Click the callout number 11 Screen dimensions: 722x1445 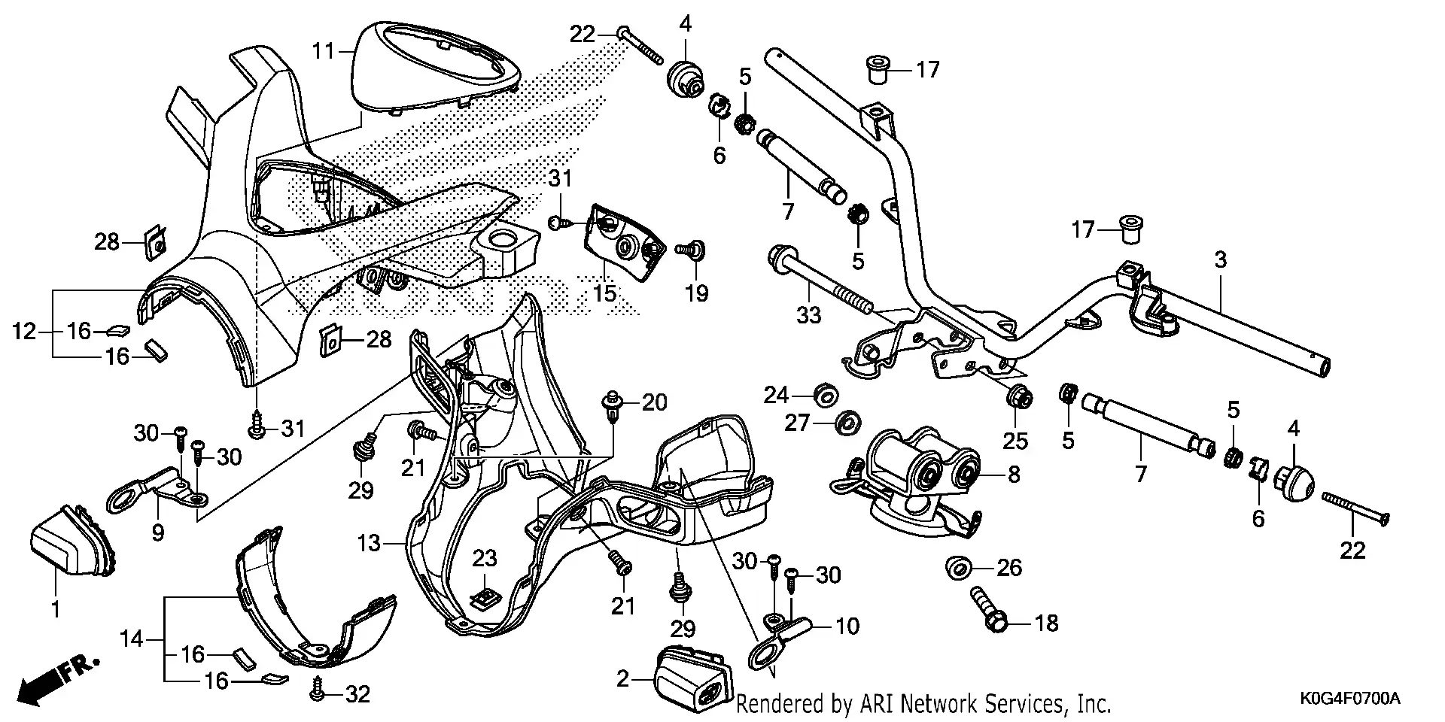pyautogui.click(x=324, y=51)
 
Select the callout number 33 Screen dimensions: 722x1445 pyautogui.click(x=808, y=315)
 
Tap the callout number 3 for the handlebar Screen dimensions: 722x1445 pyautogui.click(x=1220, y=260)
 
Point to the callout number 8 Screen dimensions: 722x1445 pyautogui.click(x=1014, y=475)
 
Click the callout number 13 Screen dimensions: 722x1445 pyautogui.click(x=369, y=542)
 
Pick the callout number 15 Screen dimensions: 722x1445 pyautogui.click(x=604, y=293)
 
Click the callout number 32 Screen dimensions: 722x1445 pyautogui.click(x=357, y=694)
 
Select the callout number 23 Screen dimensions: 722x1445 pyautogui.click(x=485, y=558)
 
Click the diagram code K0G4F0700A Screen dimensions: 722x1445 pyautogui.click(x=1349, y=699)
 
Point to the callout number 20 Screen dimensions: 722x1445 pyautogui.click(x=654, y=403)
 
